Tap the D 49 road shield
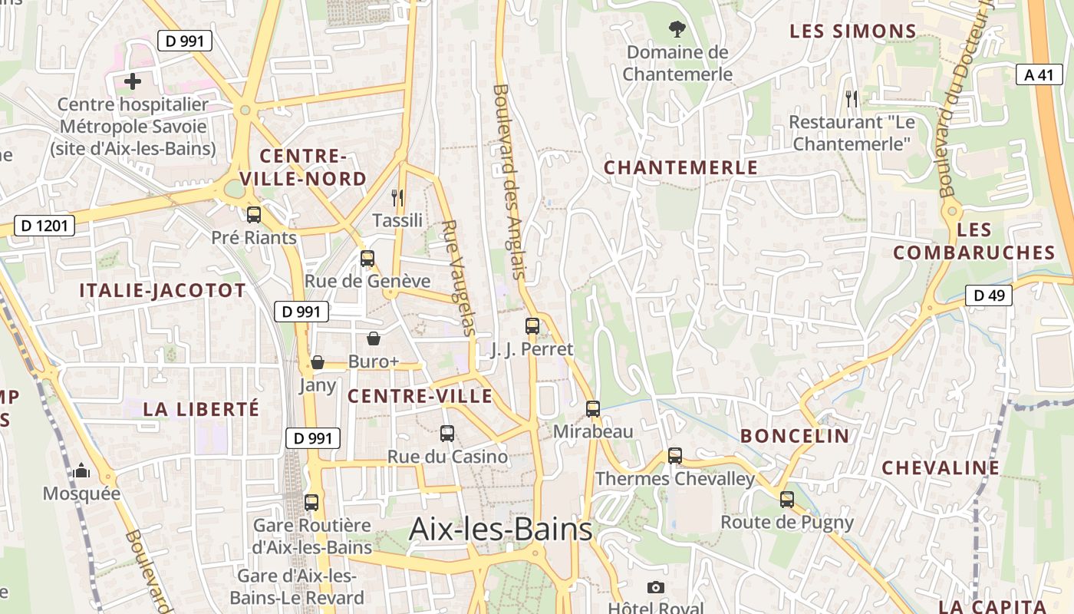[989, 295]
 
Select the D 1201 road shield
[44, 226]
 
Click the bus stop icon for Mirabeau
[593, 409]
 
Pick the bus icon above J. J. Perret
[532, 326]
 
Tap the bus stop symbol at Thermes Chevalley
[675, 456]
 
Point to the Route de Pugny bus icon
[787, 500]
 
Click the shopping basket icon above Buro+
[374, 338]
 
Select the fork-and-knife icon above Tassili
[397, 198]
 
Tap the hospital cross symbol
[133, 81]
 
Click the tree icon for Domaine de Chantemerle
[677, 30]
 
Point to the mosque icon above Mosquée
[81, 471]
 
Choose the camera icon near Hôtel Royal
[655, 588]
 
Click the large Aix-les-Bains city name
[501, 530]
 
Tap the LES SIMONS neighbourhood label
[853, 31]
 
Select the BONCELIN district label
[795, 436]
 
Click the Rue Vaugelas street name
[460, 278]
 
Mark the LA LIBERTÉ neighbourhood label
[201, 409]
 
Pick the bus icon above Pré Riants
[254, 215]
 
